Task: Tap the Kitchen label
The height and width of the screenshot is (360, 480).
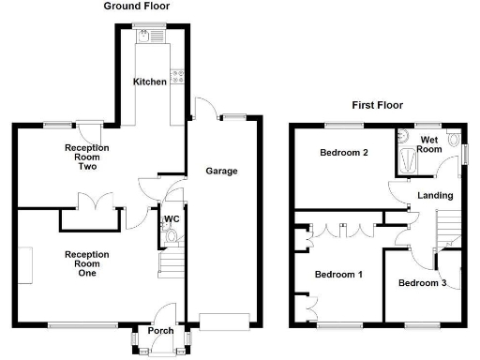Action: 149,82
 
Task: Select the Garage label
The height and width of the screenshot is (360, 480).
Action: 221,171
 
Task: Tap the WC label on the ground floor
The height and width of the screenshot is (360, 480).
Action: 172,219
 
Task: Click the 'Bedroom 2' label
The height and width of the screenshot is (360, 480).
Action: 342,153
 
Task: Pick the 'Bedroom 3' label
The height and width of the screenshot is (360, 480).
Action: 421,283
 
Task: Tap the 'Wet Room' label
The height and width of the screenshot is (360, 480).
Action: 429,143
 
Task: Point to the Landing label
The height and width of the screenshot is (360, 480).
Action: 435,195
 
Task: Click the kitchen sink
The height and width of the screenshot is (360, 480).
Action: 148,36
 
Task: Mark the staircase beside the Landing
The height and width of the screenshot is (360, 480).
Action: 450,226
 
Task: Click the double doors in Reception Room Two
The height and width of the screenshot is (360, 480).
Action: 91,202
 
